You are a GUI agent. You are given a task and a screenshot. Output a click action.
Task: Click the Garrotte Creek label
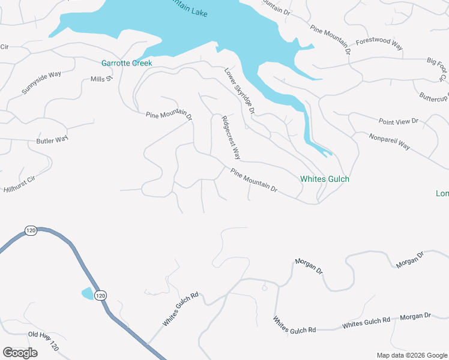(x=126, y=63)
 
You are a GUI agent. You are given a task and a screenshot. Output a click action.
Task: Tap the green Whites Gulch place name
(x=324, y=179)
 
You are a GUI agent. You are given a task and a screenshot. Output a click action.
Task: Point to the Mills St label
(x=101, y=79)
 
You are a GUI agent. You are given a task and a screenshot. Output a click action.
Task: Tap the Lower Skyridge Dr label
(x=240, y=91)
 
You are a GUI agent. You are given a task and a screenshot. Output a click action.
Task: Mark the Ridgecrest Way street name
(x=231, y=137)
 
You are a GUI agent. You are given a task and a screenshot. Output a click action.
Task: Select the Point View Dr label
(x=398, y=121)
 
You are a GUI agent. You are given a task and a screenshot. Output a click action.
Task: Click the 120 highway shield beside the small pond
(x=100, y=295)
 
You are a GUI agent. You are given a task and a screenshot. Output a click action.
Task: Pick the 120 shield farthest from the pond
(x=31, y=230)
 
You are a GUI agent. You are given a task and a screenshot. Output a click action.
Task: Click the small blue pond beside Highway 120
(x=87, y=293)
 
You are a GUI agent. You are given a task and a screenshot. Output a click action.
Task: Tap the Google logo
(x=20, y=353)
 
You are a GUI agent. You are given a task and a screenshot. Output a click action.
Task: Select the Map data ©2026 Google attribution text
(x=411, y=355)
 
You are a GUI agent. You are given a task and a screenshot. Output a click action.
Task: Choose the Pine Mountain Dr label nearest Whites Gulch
(x=254, y=180)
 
